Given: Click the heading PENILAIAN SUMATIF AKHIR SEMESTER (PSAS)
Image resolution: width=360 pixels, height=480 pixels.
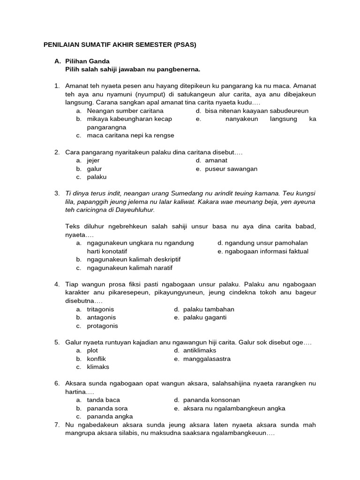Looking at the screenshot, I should pos(120,45).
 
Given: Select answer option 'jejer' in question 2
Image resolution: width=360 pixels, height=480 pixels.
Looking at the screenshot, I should pos(93,161).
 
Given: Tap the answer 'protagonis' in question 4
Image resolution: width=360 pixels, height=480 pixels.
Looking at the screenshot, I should pos(102,326).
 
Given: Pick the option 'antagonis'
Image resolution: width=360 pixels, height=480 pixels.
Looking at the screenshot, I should pos(101,317).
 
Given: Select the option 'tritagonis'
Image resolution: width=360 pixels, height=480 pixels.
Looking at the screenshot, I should pos(100,309).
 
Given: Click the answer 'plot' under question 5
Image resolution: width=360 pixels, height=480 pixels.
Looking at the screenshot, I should pos(92,351).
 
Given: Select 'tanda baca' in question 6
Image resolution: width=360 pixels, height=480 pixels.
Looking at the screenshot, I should pos(103,400).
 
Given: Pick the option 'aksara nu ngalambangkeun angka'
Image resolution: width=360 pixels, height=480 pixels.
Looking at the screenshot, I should pos(234,408).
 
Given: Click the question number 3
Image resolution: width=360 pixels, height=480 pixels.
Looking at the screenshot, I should pos(57,193).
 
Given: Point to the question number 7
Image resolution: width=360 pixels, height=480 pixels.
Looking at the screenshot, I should pos(57,425).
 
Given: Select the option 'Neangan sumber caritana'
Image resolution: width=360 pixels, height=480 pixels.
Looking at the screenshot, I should pos(125,111).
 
